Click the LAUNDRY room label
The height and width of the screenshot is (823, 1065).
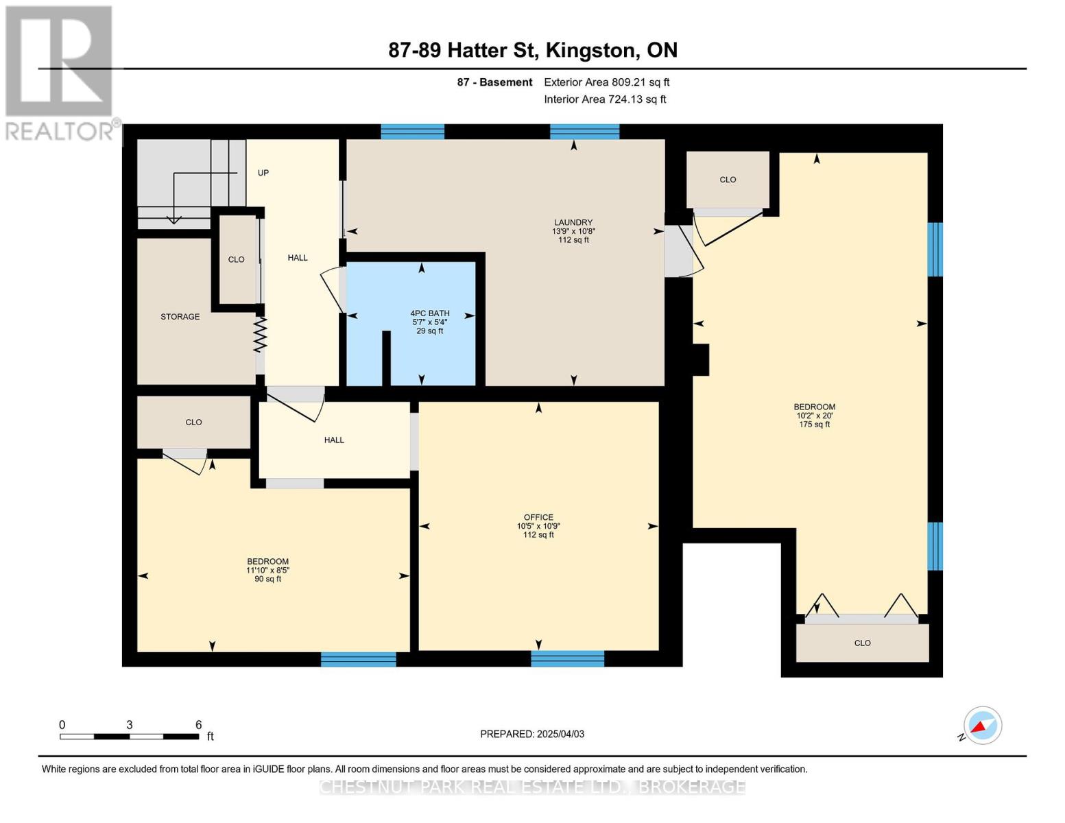573,222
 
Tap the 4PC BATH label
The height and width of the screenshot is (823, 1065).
429,313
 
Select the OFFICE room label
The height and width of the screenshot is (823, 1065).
538,517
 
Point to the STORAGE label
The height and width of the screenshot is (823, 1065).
180,317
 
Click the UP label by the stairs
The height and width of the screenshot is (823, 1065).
263,173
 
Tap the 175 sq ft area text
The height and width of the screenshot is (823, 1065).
814,425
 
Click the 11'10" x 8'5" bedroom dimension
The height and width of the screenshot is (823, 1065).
267,570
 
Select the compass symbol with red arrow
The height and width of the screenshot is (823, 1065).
982,725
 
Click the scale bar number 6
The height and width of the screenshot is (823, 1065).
198,724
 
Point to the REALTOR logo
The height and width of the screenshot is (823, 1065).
60,73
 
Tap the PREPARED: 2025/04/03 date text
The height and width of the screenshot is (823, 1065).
531,734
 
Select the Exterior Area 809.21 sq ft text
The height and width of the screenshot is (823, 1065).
606,82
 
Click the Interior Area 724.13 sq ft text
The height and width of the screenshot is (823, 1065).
605,99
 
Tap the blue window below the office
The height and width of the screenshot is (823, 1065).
568,658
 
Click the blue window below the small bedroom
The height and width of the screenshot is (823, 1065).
358,659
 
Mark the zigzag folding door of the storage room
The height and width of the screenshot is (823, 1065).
260,334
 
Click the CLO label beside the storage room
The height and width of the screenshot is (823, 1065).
236,259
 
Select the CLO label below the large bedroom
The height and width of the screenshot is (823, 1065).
862,643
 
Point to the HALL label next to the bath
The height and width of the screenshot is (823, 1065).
298,258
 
